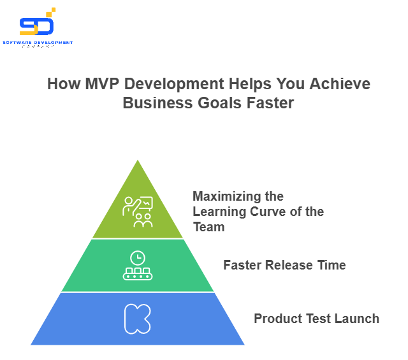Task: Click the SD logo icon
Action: point(37,24)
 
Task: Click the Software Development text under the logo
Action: point(38,43)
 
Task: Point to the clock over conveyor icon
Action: point(138,266)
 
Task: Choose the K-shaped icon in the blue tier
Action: point(138,319)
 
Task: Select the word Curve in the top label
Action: point(261,212)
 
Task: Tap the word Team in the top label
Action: point(208,227)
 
